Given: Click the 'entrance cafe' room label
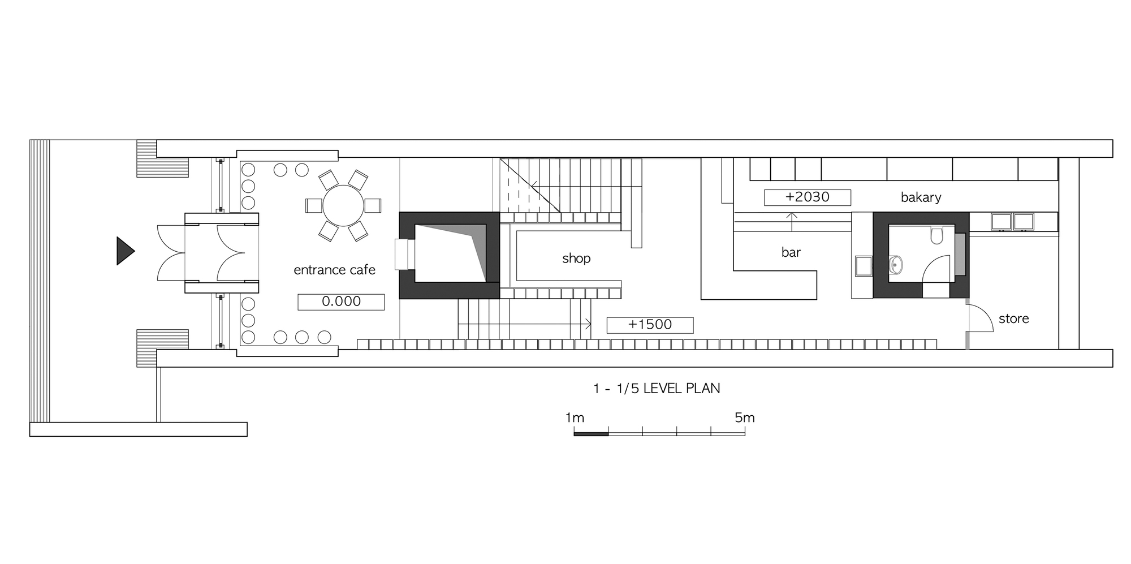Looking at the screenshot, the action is pyautogui.click(x=334, y=270).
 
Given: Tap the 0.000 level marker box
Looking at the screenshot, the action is pyautogui.click(x=341, y=302).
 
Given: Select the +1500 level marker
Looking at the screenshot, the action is pyautogui.click(x=650, y=325).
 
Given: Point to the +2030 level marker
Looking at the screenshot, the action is pyautogui.click(x=808, y=197).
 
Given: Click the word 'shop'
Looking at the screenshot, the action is pyautogui.click(x=576, y=259).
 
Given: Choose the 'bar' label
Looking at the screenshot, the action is pyautogui.click(x=791, y=252).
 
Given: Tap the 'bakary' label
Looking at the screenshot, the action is pyautogui.click(x=921, y=197).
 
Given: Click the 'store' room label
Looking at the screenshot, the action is pyautogui.click(x=1013, y=318).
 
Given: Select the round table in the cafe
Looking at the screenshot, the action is pyautogui.click(x=343, y=205).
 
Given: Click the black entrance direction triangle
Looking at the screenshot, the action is pyautogui.click(x=124, y=251).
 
